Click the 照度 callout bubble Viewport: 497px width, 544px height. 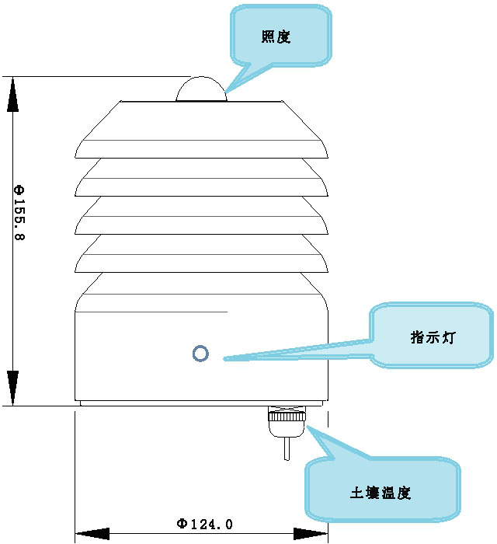coord(280,36)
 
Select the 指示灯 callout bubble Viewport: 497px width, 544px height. coord(432,337)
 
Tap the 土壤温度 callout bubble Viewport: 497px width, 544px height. coord(382,491)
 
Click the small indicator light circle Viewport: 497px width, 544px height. coord(200,354)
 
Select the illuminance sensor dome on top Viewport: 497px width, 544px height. coord(200,90)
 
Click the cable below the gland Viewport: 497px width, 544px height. coord(288,448)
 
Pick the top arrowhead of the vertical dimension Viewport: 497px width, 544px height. coord(12,92)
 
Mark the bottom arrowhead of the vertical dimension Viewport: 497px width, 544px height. coord(12,389)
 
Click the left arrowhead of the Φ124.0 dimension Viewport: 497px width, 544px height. coord(92,534)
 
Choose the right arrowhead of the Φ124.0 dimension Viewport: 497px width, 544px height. coord(310,534)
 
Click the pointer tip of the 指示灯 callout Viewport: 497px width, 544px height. coord(224,359)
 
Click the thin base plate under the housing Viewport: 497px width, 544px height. coord(200,403)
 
